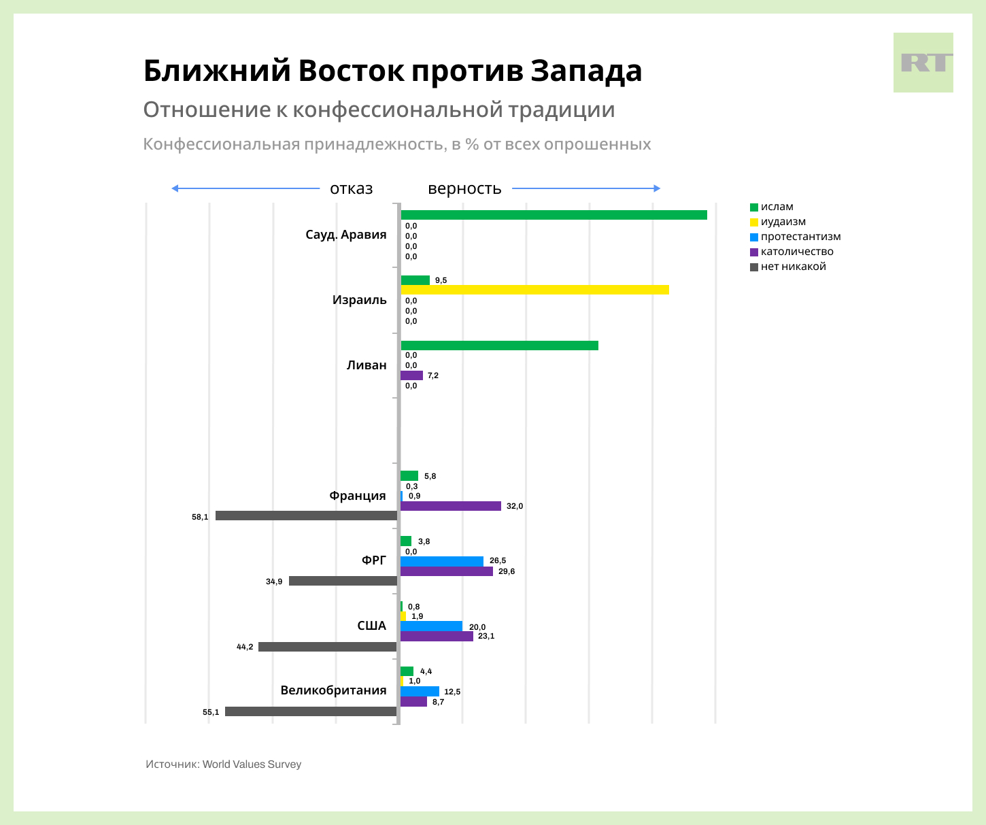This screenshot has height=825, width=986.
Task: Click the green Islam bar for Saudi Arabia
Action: coord(554,215)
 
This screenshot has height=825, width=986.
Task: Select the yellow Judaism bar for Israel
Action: coord(534,290)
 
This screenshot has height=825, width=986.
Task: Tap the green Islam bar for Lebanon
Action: coord(499,346)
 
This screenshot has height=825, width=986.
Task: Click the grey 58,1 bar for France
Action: coord(306,516)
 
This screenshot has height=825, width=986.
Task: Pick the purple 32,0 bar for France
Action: coord(450,506)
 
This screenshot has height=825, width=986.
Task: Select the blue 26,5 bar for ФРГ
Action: coord(441,561)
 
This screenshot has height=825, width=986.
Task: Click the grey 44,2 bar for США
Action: coord(327,647)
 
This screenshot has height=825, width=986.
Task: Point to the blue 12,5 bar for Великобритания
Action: coord(420,692)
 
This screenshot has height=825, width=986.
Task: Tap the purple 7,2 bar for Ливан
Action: coord(411,375)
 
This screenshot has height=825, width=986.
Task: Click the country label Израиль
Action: coord(359,300)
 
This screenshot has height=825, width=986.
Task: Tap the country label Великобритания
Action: coord(333,690)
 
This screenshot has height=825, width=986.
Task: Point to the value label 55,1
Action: coord(211,712)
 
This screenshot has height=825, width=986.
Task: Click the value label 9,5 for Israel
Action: coord(441,280)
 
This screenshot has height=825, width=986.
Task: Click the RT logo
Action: coord(923,63)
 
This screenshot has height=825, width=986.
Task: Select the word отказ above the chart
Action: coord(351,188)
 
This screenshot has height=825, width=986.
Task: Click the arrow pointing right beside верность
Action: coord(585,188)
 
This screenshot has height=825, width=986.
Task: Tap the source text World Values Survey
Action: coord(252,764)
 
